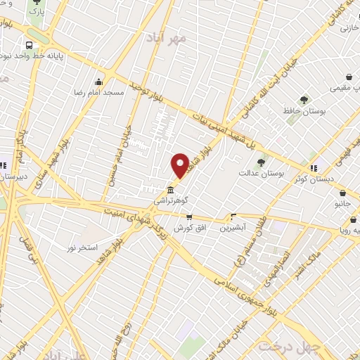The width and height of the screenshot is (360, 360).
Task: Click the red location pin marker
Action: pyautogui.click(x=180, y=165)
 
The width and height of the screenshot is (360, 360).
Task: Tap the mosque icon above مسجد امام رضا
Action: pyautogui.click(x=99, y=79)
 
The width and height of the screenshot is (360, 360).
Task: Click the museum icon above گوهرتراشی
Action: pyautogui.click(x=170, y=190)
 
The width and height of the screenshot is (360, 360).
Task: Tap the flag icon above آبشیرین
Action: pyautogui.click(x=233, y=216)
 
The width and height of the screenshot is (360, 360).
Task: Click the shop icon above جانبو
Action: pyautogui.click(x=342, y=193)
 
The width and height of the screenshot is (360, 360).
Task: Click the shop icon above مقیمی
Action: pyautogui.click(x=349, y=77)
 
